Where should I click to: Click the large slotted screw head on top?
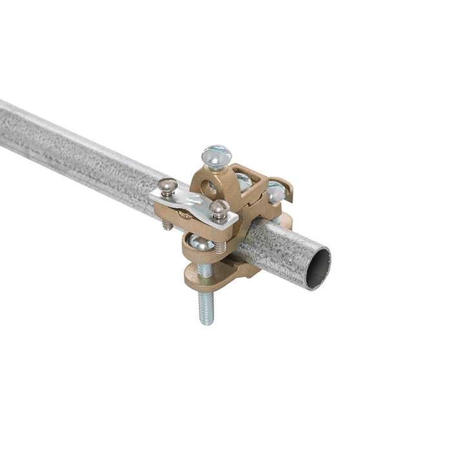216,156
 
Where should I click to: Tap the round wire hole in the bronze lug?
209,188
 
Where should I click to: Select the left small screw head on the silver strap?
167,186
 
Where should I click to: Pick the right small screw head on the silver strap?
219,207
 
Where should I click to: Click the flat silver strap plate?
193,202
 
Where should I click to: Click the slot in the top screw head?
216,155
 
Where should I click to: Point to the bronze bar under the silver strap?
187,216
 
